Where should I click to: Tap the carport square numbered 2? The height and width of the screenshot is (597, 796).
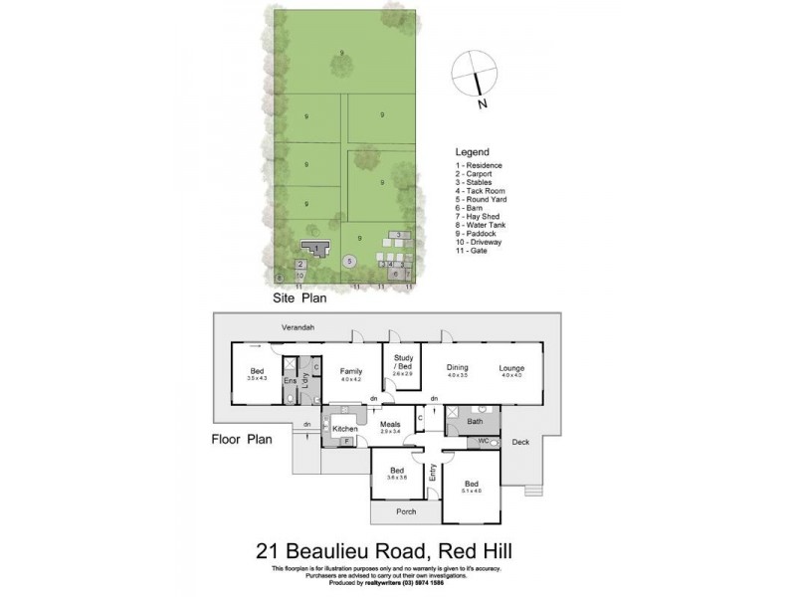coord(300,265)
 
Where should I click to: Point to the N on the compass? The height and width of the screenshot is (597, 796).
coord(482,101)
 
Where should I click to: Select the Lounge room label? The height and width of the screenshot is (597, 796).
coord(511,369)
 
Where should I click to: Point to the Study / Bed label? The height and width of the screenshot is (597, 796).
coord(401,364)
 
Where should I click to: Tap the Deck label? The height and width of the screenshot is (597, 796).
coord(520,441)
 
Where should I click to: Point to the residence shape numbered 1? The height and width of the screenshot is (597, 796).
coord(317,248)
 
